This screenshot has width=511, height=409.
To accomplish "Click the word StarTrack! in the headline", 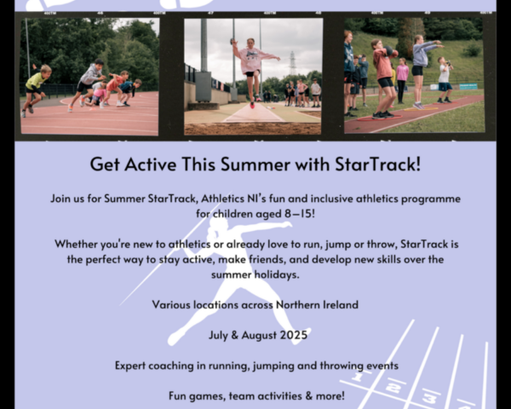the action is coord(377,164).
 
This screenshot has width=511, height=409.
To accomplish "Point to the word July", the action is coord(218,336).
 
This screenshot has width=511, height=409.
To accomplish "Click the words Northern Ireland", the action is coord(317,305).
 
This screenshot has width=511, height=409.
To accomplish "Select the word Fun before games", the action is coord(177,396).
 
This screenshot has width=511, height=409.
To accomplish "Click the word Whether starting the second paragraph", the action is coord(76,244).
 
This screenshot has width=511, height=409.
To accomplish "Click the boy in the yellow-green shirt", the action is coord(35,90).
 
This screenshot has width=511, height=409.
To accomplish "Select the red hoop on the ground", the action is coord(379,118).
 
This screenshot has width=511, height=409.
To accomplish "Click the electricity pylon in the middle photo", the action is coord(292,63).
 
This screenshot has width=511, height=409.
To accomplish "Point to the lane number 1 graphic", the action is coord(358,377).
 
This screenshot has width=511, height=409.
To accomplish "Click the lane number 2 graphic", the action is coord(393,388).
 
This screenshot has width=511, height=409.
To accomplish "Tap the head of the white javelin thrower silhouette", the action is coord(218,224).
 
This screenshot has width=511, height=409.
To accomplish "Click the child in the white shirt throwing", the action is coord(445,80).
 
